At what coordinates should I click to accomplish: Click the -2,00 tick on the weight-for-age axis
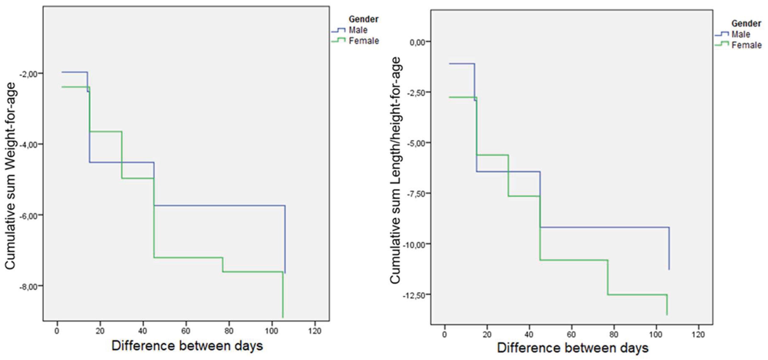(29, 74)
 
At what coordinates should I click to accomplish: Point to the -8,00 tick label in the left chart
(29, 287)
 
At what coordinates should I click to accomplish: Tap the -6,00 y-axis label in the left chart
(29, 216)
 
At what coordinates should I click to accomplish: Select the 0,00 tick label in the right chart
(418, 42)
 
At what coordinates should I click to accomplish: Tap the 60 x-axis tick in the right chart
(571, 334)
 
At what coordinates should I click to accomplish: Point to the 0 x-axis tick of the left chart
(57, 331)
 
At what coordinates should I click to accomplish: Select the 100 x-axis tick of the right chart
(656, 334)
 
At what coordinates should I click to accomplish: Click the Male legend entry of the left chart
(358, 30)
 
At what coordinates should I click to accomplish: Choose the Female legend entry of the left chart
(364, 41)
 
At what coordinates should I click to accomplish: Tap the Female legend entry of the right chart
(747, 45)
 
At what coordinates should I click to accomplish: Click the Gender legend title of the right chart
(746, 23)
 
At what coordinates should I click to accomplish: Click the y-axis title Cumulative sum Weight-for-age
(10, 176)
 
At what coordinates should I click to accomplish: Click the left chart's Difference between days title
(187, 346)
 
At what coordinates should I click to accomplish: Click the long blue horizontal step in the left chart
(220, 206)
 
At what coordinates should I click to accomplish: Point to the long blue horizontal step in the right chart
(605, 227)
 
